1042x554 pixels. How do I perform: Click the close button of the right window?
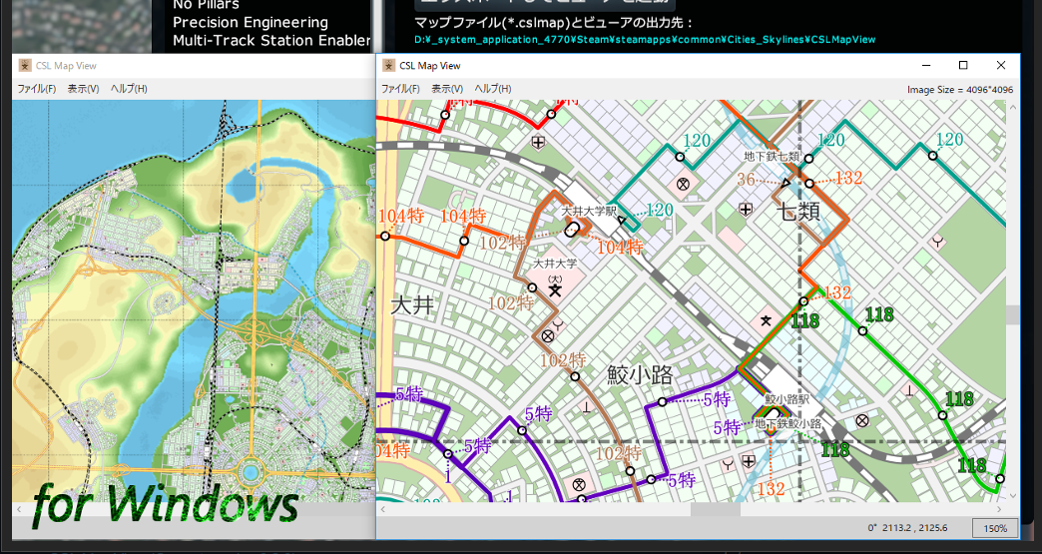[x=1000, y=65]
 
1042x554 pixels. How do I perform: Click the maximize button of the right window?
[x=963, y=65]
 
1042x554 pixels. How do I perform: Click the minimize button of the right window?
[x=925, y=65]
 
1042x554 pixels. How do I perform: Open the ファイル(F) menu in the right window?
[x=400, y=89]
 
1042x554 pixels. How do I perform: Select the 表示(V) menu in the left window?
[x=83, y=89]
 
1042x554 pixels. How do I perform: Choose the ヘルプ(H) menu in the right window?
[x=493, y=89]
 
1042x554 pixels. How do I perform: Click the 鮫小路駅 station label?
[x=786, y=399]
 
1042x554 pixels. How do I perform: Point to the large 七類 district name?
[x=800, y=213]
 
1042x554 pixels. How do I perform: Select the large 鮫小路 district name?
[x=640, y=376]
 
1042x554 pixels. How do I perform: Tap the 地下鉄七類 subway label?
[x=772, y=157]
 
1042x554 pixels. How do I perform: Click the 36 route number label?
[x=746, y=180]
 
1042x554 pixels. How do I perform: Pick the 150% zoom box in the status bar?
[x=994, y=528]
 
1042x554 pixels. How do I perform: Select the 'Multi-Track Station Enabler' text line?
[x=271, y=40]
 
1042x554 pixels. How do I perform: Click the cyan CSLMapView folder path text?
[x=644, y=40]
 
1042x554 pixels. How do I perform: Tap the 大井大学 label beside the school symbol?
[x=555, y=264]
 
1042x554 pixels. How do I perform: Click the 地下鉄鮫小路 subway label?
[x=788, y=423]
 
